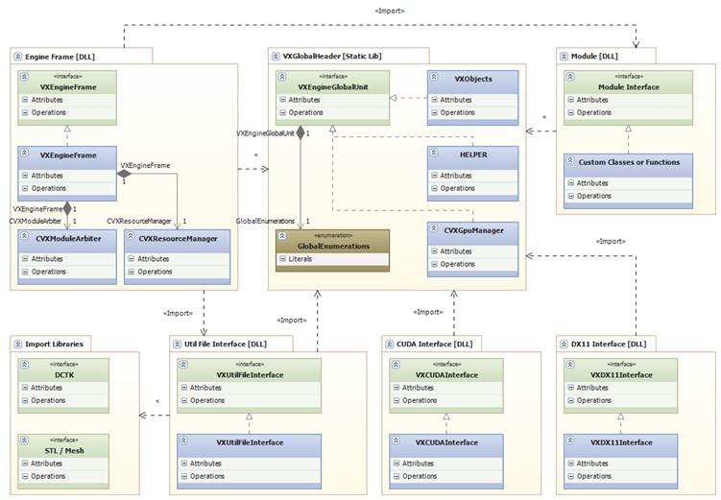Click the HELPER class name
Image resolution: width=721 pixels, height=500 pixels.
tap(473, 155)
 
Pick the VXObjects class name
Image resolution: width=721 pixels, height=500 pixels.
tap(473, 79)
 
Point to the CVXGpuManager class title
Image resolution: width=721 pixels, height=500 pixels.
tap(473, 230)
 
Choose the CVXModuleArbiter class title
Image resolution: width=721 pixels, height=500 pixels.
tap(68, 238)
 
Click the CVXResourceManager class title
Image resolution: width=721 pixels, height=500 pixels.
tap(178, 238)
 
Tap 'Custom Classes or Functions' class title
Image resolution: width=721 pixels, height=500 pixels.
tap(628, 162)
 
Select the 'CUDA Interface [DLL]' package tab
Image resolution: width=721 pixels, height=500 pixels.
tap(428, 344)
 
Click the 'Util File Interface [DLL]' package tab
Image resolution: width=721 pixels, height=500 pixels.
tap(219, 344)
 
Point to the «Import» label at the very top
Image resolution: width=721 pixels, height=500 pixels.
tap(389, 11)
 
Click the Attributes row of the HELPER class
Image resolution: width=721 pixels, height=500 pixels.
tap(456, 176)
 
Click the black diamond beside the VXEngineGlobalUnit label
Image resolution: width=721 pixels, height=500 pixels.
tap(300, 133)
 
